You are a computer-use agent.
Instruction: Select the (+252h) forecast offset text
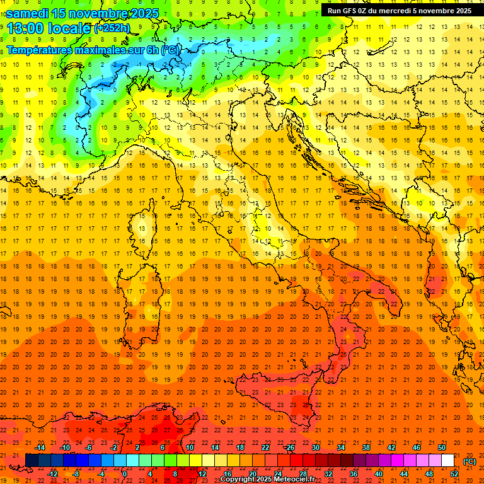[x=112, y=28]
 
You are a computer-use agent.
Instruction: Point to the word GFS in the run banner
[x=351, y=10]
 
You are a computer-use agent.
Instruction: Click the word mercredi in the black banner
[x=391, y=10]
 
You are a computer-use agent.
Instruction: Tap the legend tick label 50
[x=442, y=447]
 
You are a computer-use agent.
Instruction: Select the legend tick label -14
[x=40, y=447]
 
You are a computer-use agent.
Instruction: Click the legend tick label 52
[x=454, y=473]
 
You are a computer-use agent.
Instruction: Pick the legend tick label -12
[x=52, y=473]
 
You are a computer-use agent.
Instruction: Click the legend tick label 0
[x=124, y=473]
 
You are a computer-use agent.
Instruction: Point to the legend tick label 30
[x=316, y=447]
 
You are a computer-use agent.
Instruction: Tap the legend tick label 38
[x=366, y=447]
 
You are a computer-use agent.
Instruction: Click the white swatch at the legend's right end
[x=447, y=460]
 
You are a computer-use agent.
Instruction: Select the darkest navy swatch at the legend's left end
[x=32, y=460]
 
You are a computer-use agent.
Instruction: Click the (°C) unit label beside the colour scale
[x=470, y=461]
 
